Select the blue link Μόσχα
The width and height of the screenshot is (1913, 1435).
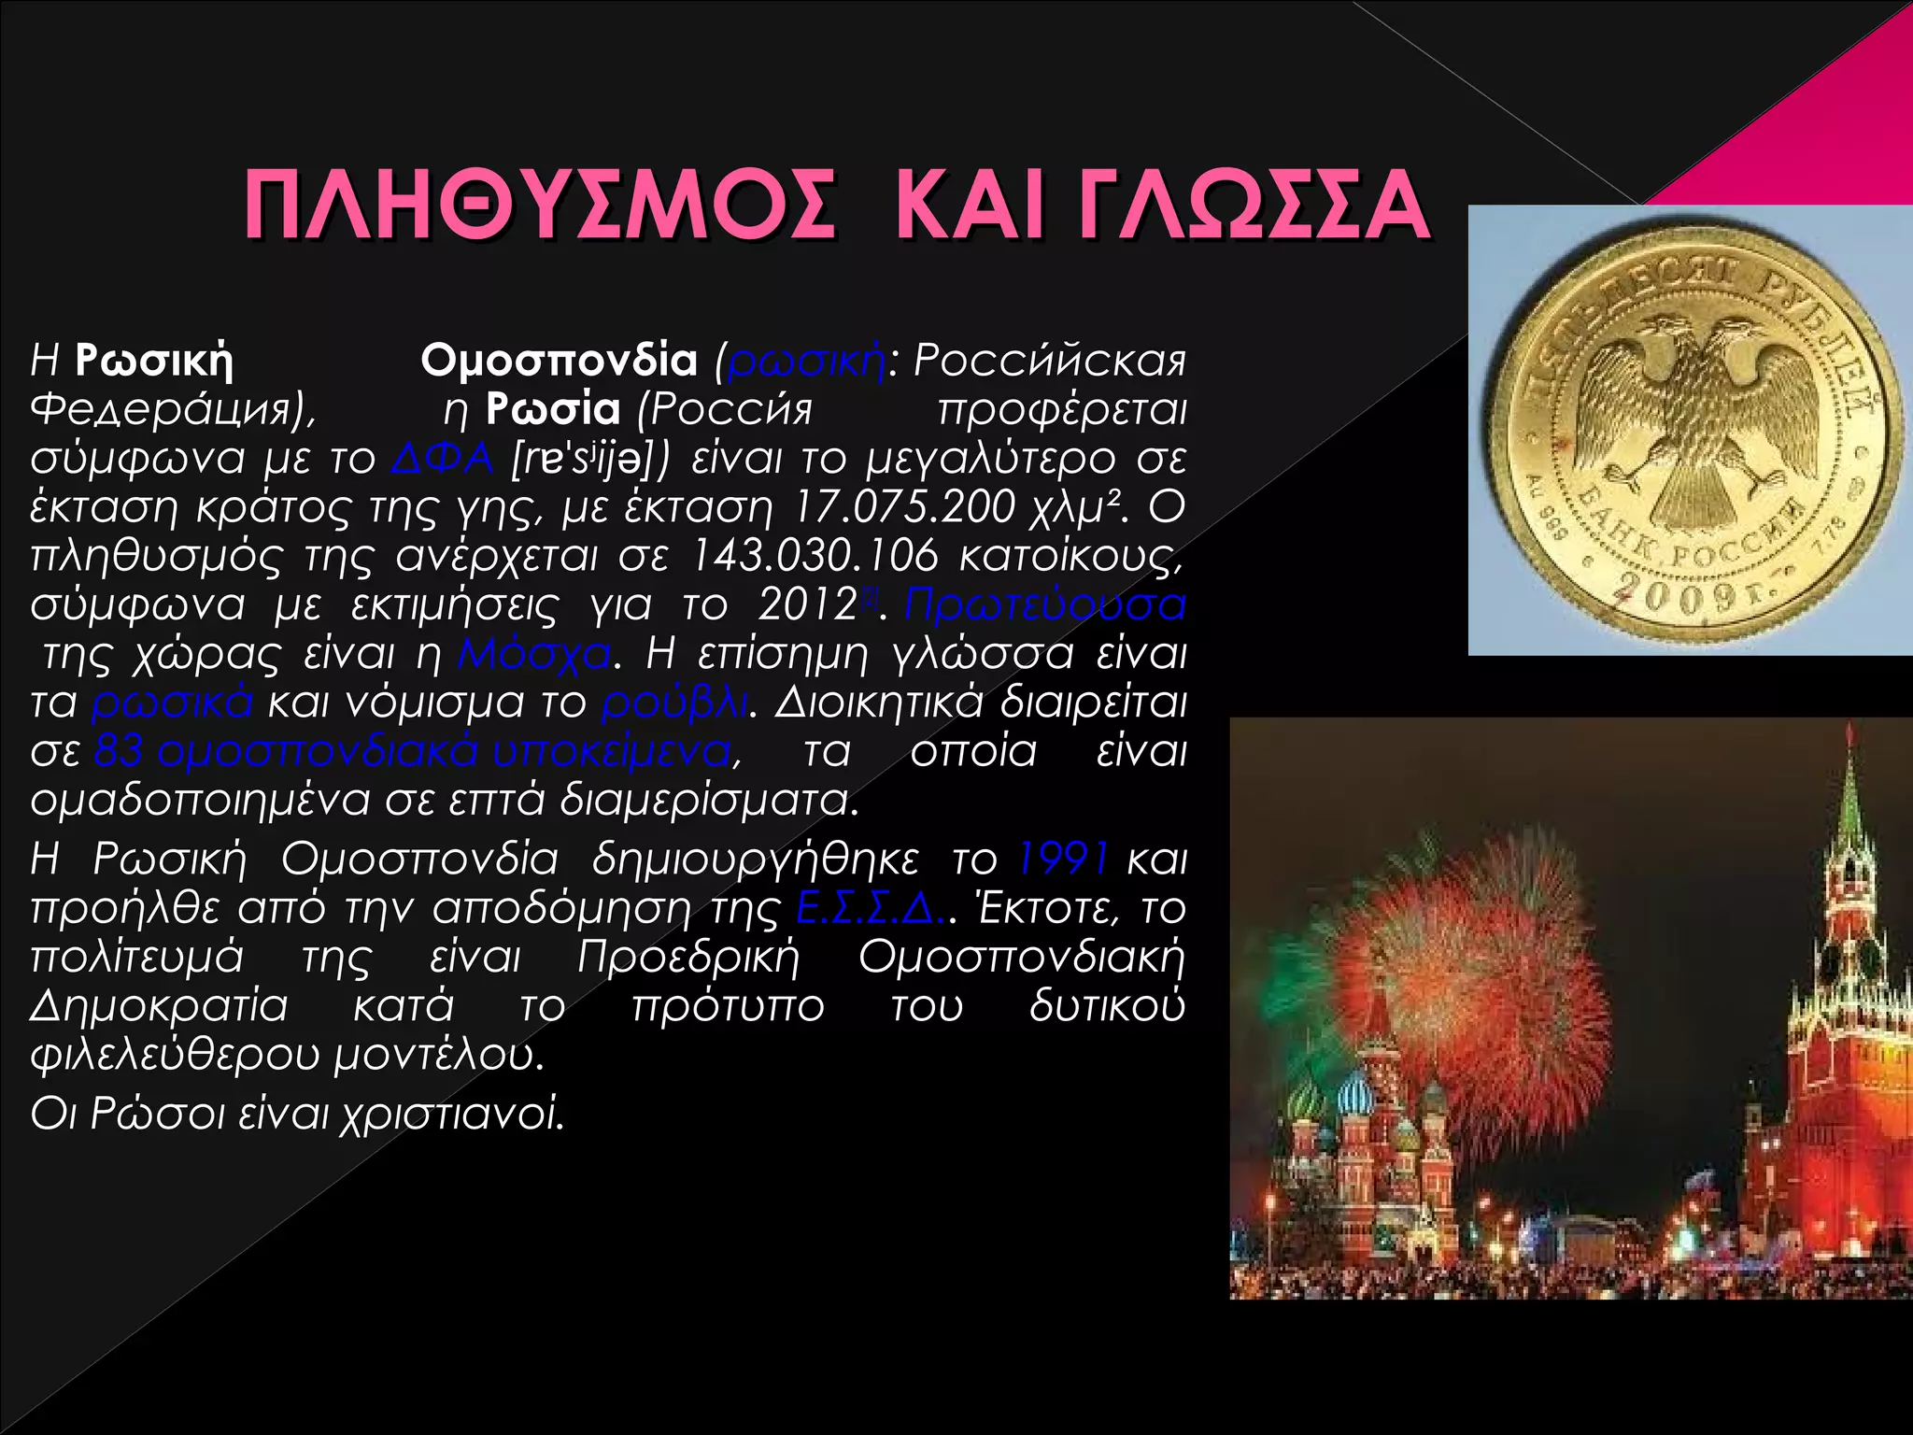click(x=534, y=653)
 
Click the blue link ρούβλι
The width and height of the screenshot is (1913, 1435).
click(x=673, y=702)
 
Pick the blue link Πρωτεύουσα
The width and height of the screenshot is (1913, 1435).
click(x=1044, y=604)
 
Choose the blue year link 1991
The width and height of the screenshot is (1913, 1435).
click(x=1063, y=858)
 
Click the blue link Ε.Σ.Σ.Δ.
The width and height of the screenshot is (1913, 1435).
click(x=871, y=907)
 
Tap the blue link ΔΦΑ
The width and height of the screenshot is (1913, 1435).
click(x=442, y=458)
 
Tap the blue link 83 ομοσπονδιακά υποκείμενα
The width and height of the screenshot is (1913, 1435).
click(x=412, y=751)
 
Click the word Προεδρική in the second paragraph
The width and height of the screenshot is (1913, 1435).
click(x=688, y=957)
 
